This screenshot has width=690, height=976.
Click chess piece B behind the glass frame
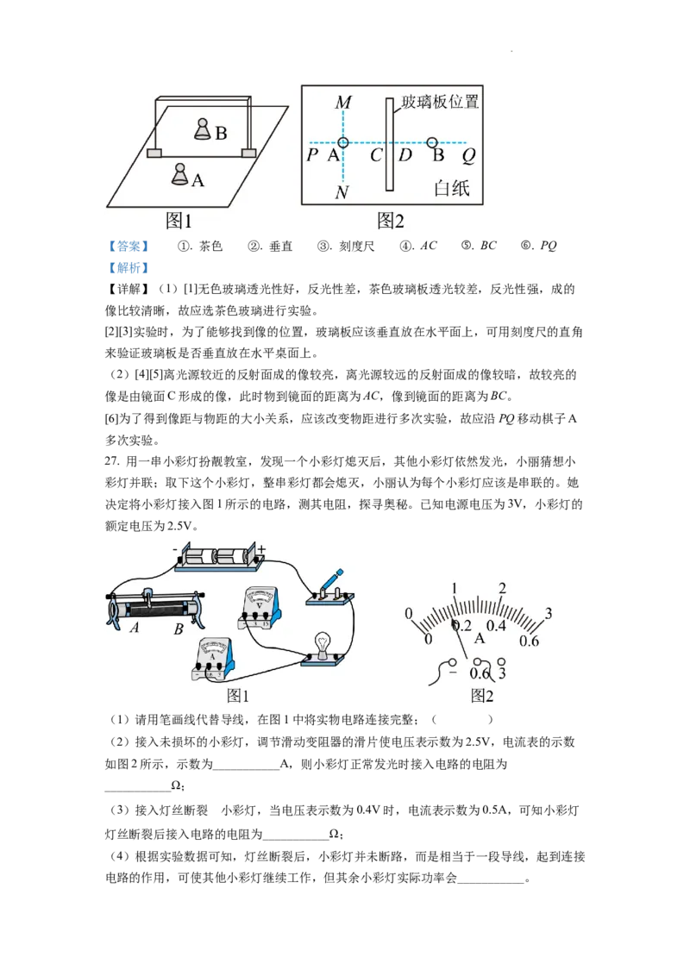[x=202, y=130]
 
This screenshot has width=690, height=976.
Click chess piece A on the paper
[x=179, y=174]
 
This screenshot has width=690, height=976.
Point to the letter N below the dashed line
[x=342, y=192]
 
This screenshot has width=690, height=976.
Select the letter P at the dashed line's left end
[x=311, y=156]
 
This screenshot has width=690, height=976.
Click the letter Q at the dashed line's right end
[x=468, y=156]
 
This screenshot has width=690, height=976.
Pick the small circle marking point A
[x=343, y=142]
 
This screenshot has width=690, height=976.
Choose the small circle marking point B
[x=432, y=142]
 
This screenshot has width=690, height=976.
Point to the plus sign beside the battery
[x=261, y=548]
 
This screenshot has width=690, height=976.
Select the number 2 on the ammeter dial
[x=502, y=588]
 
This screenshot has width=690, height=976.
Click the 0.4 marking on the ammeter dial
[x=497, y=625]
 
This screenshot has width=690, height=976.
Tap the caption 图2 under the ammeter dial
[x=482, y=696]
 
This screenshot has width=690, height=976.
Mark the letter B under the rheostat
[x=179, y=629]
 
